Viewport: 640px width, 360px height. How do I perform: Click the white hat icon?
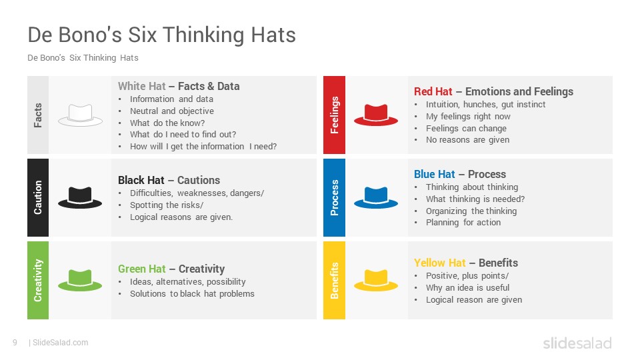click(x=80, y=115)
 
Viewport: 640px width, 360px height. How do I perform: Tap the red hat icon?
click(x=376, y=115)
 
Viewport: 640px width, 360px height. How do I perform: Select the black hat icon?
click(x=80, y=197)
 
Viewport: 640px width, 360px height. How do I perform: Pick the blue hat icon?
click(x=376, y=197)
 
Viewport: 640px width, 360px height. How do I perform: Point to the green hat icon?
click(x=80, y=281)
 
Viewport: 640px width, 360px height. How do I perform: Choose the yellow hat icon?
click(x=376, y=281)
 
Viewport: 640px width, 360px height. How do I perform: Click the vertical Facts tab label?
click(x=38, y=115)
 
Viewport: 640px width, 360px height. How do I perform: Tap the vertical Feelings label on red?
click(x=334, y=115)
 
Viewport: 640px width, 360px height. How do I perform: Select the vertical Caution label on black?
click(x=38, y=197)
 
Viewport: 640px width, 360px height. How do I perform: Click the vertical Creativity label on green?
click(x=38, y=281)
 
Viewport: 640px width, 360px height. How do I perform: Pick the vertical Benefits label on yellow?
click(x=334, y=281)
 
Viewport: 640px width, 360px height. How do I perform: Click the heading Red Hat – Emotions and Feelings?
click(x=493, y=91)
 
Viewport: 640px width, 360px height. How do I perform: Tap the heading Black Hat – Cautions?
click(x=169, y=180)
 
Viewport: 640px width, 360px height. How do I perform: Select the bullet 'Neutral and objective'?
click(x=172, y=111)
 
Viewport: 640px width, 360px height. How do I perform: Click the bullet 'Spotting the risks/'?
click(x=167, y=205)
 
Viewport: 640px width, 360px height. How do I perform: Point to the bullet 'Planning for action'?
click(x=463, y=223)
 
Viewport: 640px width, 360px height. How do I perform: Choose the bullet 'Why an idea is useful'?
click(x=468, y=288)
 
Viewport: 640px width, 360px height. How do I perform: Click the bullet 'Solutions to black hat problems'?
click(x=192, y=294)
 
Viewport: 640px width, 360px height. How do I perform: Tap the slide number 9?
click(x=15, y=343)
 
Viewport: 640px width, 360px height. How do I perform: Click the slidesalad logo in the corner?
click(x=577, y=343)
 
